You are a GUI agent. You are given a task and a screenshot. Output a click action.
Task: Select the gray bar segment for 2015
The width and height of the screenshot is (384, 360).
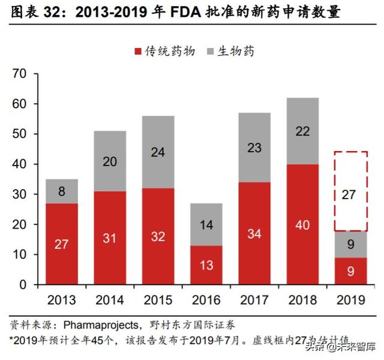tap(158, 152)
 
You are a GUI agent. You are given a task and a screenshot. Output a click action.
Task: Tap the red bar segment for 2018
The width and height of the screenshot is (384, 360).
tap(303, 224)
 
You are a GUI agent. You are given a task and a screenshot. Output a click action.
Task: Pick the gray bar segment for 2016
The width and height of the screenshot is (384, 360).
tap(206, 225)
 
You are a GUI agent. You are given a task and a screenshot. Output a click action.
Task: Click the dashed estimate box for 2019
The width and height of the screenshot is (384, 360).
tap(351, 191)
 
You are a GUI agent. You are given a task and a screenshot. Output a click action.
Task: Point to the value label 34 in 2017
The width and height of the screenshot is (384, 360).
tap(254, 233)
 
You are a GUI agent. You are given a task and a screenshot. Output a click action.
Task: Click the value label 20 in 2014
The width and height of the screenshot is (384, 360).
tap(109, 161)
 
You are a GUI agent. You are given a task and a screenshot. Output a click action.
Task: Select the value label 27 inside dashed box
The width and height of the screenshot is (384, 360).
tap(351, 194)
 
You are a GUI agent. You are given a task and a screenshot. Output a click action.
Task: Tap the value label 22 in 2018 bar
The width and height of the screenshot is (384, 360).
tap(303, 131)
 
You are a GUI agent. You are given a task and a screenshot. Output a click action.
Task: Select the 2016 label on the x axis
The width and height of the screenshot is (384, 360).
tap(206, 299)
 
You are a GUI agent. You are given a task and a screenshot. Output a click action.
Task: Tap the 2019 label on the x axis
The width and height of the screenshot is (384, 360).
tap(351, 299)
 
